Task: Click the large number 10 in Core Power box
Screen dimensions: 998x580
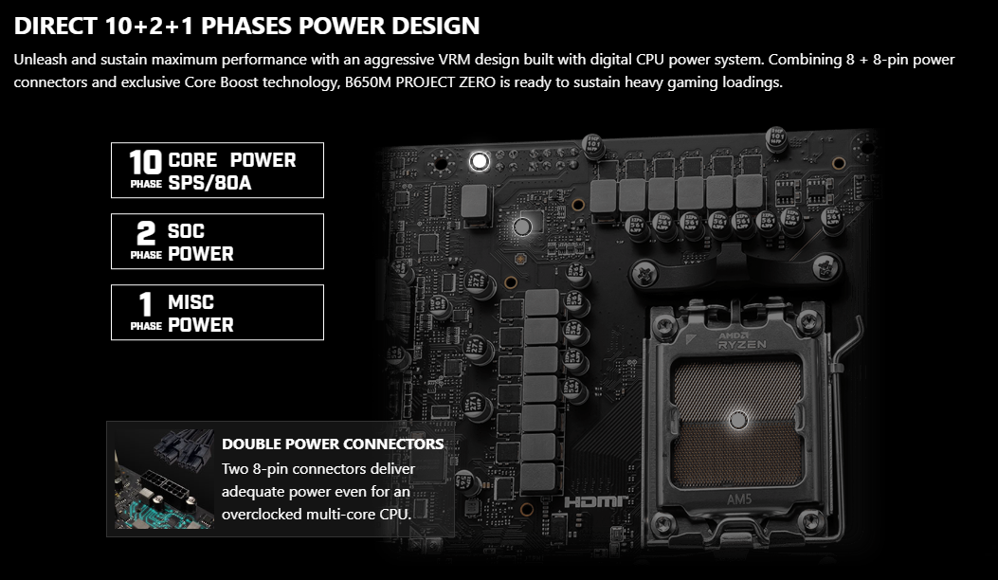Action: coord(145,162)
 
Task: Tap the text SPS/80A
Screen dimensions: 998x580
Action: coord(209,183)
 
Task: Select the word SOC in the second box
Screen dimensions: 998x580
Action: coord(186,230)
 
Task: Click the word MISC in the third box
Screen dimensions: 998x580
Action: coord(191,301)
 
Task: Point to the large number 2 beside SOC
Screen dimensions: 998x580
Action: coord(146,233)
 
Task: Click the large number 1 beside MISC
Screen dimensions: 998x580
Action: coord(146,304)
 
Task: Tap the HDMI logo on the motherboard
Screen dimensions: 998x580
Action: coord(596,502)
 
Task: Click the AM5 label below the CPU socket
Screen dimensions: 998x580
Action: coord(739,499)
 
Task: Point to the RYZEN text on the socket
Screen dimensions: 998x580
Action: coord(742,344)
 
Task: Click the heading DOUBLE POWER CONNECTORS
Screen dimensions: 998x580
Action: coord(333,444)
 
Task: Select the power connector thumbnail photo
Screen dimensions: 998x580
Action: coord(164,479)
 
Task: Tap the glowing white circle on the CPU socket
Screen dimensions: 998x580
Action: coord(738,420)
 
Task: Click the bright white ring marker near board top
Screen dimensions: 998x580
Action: coord(480,161)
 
